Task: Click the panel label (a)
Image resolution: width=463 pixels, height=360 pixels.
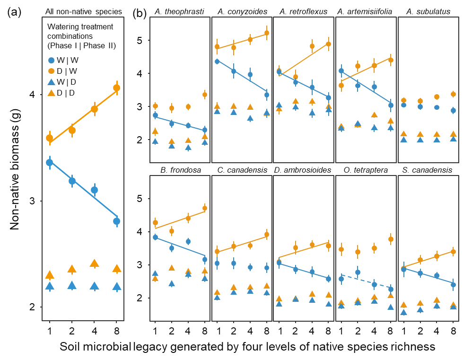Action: (x=15, y=12)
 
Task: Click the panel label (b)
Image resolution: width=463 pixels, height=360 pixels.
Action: (x=140, y=12)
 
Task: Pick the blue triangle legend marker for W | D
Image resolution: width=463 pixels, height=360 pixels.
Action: (x=52, y=82)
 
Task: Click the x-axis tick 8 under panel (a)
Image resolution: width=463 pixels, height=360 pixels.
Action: (x=116, y=328)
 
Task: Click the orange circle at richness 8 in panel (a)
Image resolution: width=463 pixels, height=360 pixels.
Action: (x=116, y=88)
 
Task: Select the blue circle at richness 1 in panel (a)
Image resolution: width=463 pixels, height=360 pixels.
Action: (x=49, y=162)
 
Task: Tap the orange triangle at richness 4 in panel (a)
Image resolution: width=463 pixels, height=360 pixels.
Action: (x=94, y=263)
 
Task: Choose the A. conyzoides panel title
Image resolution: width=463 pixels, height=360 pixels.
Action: (x=242, y=11)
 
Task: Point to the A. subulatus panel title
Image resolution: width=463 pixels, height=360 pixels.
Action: (x=428, y=11)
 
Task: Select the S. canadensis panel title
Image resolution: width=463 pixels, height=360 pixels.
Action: (x=428, y=170)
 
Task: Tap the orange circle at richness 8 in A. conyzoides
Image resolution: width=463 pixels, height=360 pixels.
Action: (x=266, y=33)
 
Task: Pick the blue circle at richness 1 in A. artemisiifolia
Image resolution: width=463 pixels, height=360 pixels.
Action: (x=341, y=71)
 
